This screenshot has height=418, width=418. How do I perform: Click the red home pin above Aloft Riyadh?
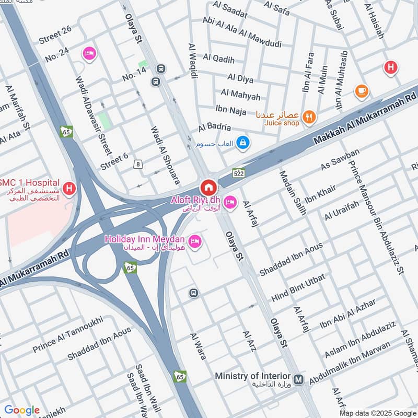tap(208, 187)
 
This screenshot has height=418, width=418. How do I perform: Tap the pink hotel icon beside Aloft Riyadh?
tap(230, 201)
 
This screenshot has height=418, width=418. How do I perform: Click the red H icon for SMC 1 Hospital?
tap(68, 187)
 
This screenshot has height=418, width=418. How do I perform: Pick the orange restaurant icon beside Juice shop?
tap(309, 117)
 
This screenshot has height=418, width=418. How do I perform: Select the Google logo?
tap(22, 410)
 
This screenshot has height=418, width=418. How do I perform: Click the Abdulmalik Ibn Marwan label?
tap(350, 364)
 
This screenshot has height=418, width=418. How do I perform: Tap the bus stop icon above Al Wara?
tap(193, 293)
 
